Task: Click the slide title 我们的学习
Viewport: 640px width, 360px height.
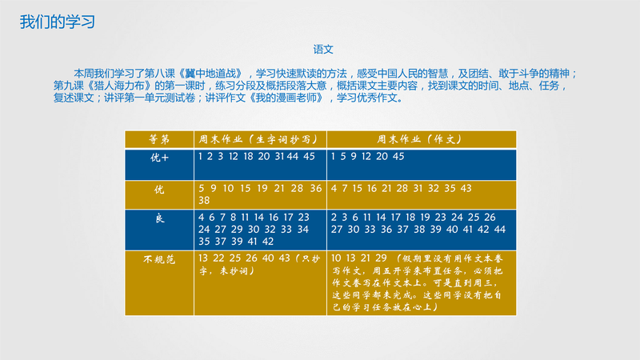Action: click(58, 22)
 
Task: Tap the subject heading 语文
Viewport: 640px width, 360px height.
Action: click(323, 50)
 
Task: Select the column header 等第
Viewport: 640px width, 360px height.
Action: click(159, 139)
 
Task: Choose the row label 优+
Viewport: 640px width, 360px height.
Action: click(159, 158)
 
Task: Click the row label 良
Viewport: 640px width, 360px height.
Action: click(159, 218)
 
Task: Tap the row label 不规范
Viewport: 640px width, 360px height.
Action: click(159, 259)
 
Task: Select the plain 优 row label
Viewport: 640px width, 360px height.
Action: click(159, 190)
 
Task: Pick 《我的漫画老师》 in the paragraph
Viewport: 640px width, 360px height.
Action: click(287, 98)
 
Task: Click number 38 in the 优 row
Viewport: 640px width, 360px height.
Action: click(204, 201)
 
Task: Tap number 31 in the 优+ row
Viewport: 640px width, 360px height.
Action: click(279, 156)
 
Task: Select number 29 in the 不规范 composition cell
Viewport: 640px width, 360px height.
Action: click(382, 258)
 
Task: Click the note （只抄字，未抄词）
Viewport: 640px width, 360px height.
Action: click(259, 265)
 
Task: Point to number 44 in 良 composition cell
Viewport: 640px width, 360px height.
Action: click(500, 230)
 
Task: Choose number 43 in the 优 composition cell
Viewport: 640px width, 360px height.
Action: click(466, 188)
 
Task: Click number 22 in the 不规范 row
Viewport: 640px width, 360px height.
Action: click(218, 258)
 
